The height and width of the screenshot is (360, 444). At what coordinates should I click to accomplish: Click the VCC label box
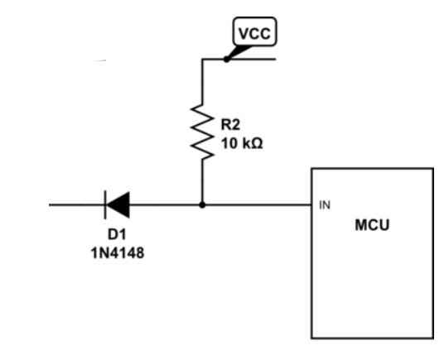(x=254, y=31)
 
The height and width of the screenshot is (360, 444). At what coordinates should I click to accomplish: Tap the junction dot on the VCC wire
(x=226, y=59)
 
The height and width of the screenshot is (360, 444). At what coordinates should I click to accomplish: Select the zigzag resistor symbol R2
(x=202, y=132)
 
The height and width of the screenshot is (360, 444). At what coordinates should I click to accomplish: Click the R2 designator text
(x=230, y=125)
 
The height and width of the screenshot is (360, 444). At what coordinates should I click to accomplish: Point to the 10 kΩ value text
(x=242, y=143)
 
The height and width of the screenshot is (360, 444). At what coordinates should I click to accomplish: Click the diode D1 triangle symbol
(x=118, y=204)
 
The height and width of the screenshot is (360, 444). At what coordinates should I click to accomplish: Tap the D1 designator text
(x=117, y=234)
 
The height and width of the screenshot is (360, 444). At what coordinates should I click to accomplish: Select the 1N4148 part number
(x=118, y=252)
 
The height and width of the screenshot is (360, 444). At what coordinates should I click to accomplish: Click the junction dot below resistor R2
(x=202, y=204)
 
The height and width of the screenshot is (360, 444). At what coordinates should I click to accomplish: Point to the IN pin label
(x=325, y=205)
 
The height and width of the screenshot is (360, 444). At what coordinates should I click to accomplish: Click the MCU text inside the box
(x=372, y=225)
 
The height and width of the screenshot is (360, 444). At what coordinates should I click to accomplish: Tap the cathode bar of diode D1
(x=105, y=204)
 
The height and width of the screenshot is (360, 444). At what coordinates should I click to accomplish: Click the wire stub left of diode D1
(x=76, y=204)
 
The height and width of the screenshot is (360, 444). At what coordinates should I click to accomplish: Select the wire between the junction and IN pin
(x=258, y=204)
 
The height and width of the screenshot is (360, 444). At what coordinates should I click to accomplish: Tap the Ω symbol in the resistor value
(x=257, y=143)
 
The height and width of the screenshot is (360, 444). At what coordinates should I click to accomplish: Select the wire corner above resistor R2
(x=202, y=59)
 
